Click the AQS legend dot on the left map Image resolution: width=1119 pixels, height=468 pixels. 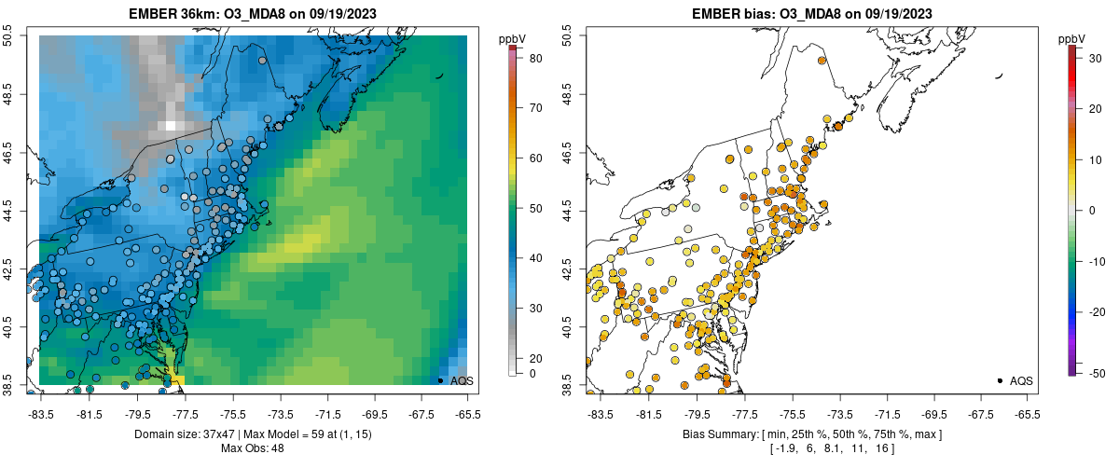coord(440,380)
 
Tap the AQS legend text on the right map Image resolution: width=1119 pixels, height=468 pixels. coord(1021,380)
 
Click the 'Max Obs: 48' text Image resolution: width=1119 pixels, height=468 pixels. coord(253,448)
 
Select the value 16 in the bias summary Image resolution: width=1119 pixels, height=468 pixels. coord(880,448)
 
